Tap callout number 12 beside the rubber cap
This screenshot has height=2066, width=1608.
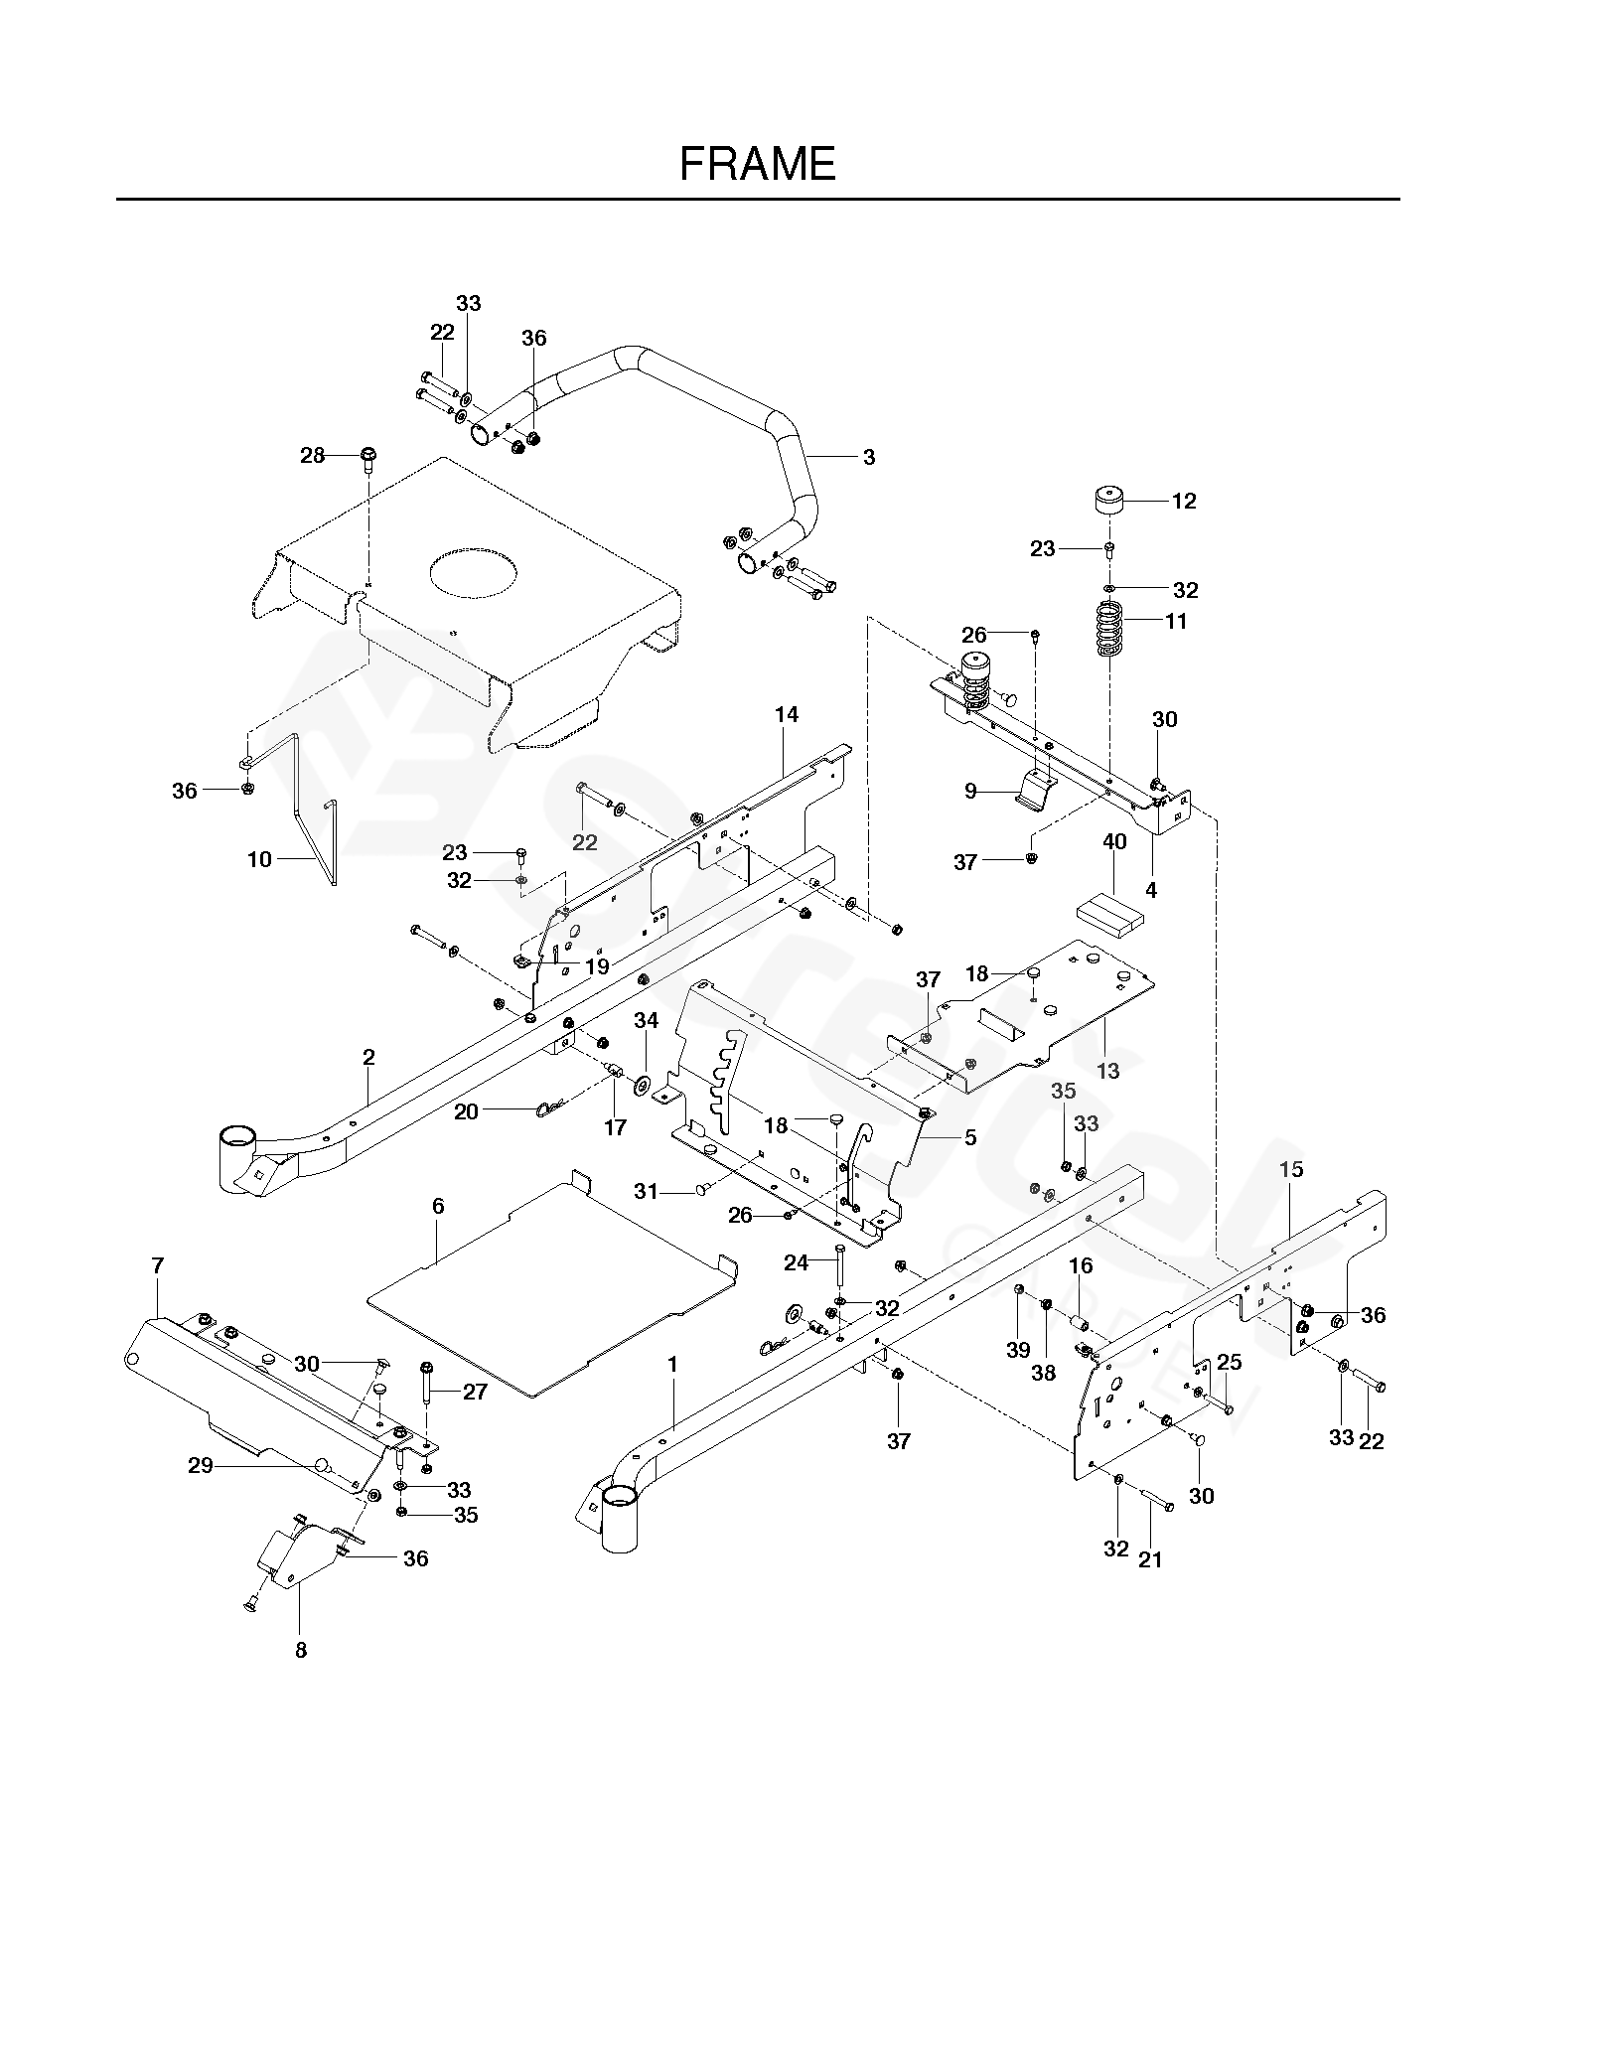tap(1184, 501)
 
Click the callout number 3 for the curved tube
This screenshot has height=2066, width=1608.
tap(869, 457)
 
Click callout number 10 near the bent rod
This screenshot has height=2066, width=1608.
tap(259, 859)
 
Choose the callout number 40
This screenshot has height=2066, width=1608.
tap(1114, 842)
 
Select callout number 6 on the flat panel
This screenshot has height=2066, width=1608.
tap(438, 1206)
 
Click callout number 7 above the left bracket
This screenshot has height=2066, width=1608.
tap(157, 1265)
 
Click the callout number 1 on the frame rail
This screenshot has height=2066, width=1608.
tap(672, 1365)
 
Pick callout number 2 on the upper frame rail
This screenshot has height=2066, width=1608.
tap(368, 1058)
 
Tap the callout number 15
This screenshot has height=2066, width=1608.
tap(1291, 1169)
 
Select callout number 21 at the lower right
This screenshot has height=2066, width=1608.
tap(1150, 1559)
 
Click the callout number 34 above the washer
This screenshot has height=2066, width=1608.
tap(647, 1020)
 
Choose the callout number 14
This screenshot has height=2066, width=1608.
tap(787, 714)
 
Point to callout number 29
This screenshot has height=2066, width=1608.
tap(201, 1465)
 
